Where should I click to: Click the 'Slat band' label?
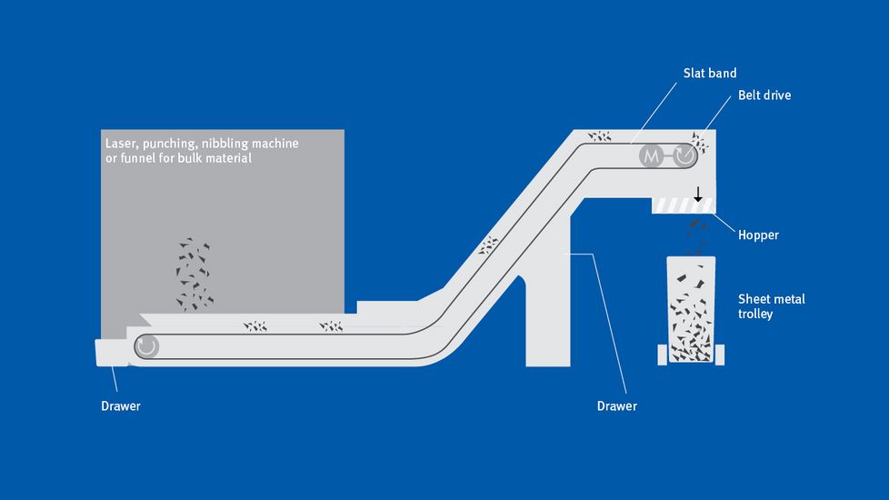click(711, 72)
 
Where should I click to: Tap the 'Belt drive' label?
click(764, 95)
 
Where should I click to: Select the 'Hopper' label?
click(758, 235)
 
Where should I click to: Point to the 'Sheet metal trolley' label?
click(771, 306)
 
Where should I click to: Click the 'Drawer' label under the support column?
click(616, 406)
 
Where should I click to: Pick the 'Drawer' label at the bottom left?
click(121, 406)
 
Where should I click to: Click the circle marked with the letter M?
click(651, 155)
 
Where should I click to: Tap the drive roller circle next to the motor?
click(684, 155)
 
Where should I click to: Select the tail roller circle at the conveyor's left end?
click(147, 346)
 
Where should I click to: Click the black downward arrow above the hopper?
click(698, 194)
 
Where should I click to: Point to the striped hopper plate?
click(684, 206)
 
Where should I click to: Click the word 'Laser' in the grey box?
click(120, 144)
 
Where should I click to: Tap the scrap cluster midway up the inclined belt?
click(489, 244)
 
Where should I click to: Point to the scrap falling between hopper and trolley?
click(696, 235)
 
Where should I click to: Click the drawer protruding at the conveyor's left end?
click(111, 352)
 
